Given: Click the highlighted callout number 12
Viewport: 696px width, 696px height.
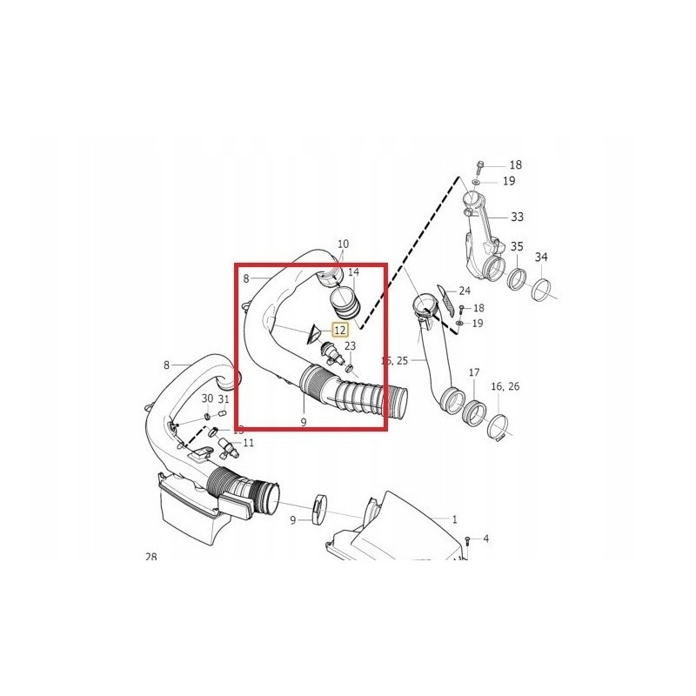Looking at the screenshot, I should pos(340,330).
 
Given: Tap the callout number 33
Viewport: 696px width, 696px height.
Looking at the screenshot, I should pos(517,216).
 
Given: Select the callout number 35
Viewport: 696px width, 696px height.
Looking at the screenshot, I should pos(517,247).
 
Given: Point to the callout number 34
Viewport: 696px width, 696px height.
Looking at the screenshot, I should pos(541,258).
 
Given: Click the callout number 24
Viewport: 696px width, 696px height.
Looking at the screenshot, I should pos(465,291).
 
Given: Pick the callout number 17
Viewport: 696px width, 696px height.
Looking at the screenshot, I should pos(474,372).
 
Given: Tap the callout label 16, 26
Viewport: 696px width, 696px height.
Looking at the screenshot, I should pos(505,385).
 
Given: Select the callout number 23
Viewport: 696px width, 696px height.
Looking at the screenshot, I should pos(350,345).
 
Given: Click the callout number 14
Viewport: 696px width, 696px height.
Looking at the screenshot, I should pos(353,273).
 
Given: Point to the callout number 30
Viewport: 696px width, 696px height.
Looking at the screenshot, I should pos(207,398).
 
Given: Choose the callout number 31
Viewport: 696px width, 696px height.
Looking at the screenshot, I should pos(224,399).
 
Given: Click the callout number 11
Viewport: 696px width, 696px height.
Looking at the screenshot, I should pos(249,443).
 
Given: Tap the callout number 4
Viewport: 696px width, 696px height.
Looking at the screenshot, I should pos(485,539).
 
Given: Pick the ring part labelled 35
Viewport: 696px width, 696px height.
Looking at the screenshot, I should pos(517,279).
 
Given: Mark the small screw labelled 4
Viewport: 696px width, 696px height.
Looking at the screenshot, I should pos(468,540).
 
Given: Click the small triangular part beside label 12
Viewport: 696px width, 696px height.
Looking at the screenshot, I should pos(311,331).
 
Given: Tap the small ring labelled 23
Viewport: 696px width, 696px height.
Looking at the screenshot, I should pos(351,367).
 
